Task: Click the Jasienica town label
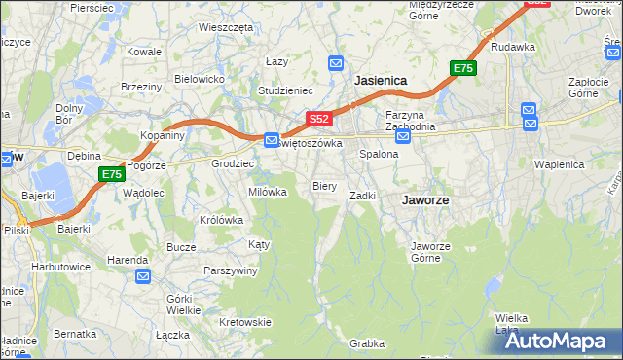click(x=381, y=81)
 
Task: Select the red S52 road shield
click(x=319, y=119)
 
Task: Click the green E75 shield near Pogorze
click(x=112, y=174)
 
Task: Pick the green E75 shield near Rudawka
click(x=462, y=68)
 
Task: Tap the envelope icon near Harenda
click(x=143, y=277)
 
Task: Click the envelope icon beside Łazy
click(x=335, y=63)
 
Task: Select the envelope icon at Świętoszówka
click(x=273, y=140)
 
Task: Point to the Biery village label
click(x=324, y=185)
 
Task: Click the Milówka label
click(x=268, y=192)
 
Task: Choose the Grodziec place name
click(x=233, y=163)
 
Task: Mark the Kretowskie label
click(x=244, y=322)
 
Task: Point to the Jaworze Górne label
click(x=430, y=252)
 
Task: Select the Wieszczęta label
click(x=226, y=27)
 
